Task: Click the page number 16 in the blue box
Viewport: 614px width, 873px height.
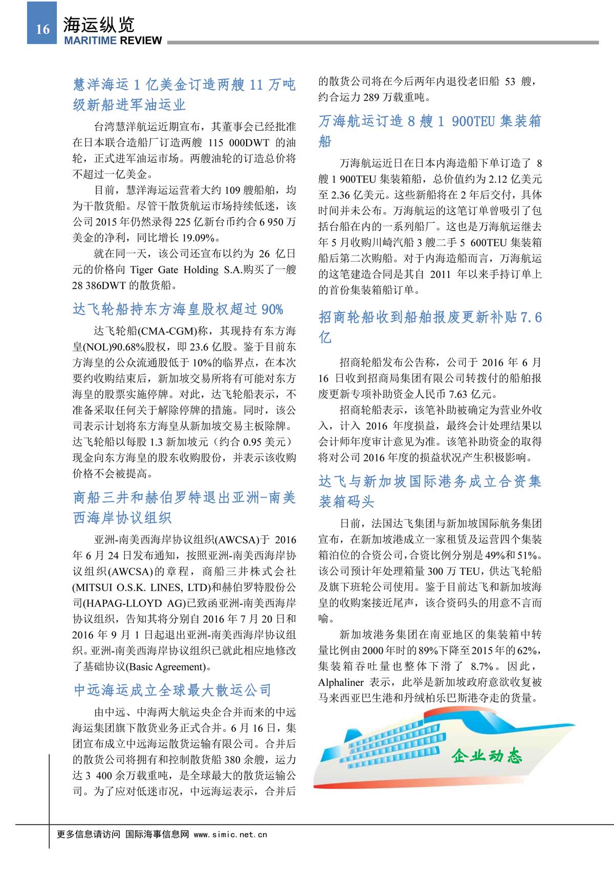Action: [42, 29]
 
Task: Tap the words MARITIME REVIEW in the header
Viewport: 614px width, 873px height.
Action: [113, 41]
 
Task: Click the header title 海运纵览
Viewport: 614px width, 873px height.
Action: [98, 24]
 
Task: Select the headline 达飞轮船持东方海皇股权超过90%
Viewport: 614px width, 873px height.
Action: [178, 309]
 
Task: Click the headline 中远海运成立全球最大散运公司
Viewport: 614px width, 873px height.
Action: [172, 690]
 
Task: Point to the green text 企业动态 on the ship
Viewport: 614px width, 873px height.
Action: [487, 755]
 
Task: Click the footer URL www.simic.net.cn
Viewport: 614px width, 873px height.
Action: [230, 834]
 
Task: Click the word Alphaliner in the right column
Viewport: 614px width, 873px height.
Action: [341, 682]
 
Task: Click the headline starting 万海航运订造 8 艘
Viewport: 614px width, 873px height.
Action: [429, 121]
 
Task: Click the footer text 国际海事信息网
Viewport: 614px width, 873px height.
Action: [157, 834]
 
